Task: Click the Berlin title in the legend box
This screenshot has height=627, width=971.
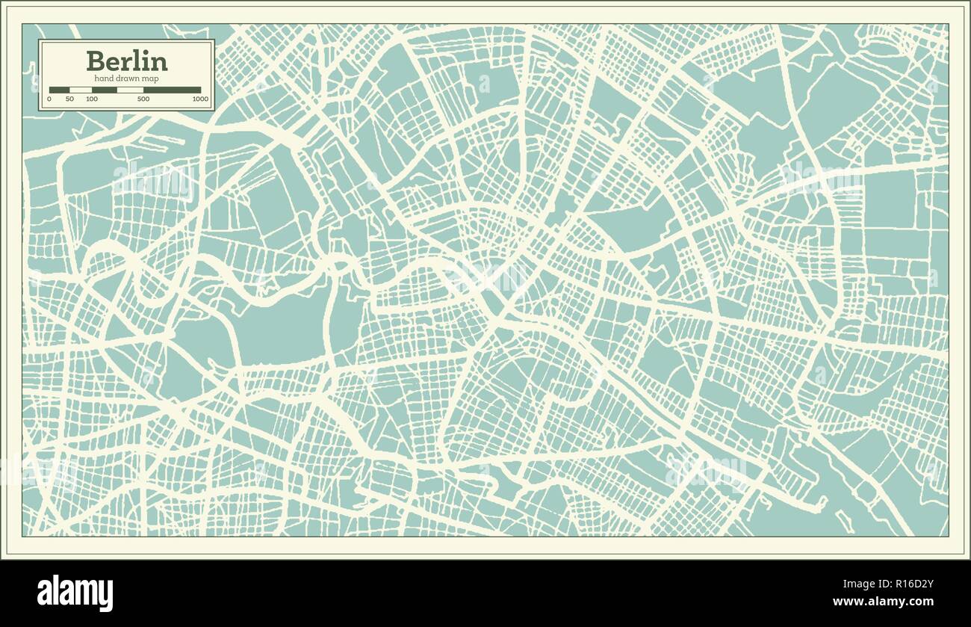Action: pos(126,61)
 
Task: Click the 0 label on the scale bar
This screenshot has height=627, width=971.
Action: pos(49,99)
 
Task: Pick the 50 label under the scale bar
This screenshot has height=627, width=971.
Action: pos(69,99)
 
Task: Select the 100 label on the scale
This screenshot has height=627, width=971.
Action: pos(92,99)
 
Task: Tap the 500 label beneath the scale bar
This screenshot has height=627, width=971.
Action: pos(143,99)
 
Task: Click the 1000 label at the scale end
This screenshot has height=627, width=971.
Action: pos(200,99)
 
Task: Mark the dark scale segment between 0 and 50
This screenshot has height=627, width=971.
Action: pos(59,90)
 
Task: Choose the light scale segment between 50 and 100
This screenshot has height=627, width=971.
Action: pos(80,90)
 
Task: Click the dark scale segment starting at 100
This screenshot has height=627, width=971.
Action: pos(104,90)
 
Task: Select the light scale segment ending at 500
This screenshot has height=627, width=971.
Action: pos(130,90)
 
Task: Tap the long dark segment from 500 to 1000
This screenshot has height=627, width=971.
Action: pos(172,90)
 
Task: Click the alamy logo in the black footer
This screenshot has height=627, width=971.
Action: pos(75,593)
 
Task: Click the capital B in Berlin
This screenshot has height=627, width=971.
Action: pos(96,61)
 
